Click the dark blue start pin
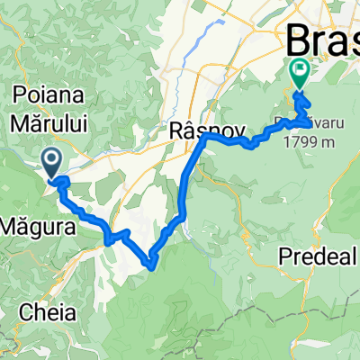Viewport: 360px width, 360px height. tap(52, 162)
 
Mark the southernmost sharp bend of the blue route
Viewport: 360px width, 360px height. tap(151, 265)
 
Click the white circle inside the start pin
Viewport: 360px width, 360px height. tap(52, 160)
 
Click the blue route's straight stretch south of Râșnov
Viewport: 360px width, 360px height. tap(185, 184)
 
